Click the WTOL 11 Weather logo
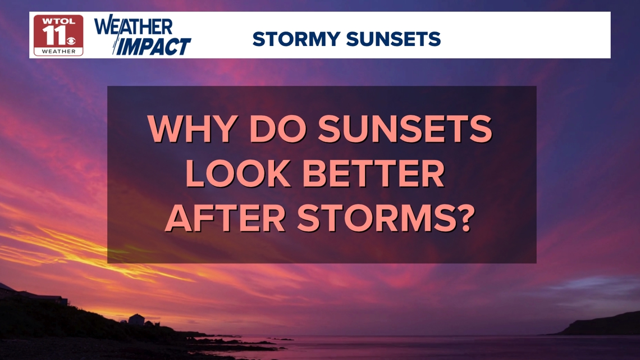(x=58, y=35)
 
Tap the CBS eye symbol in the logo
(x=71, y=40)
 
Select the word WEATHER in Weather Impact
(x=133, y=26)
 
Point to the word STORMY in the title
(x=296, y=39)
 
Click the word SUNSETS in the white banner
(x=394, y=39)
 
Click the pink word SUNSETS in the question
(x=405, y=129)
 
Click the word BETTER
(x=373, y=174)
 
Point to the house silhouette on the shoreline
(x=136, y=319)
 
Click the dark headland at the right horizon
(x=600, y=324)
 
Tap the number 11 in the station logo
(x=54, y=35)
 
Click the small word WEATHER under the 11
(x=59, y=52)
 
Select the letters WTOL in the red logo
(x=59, y=21)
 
